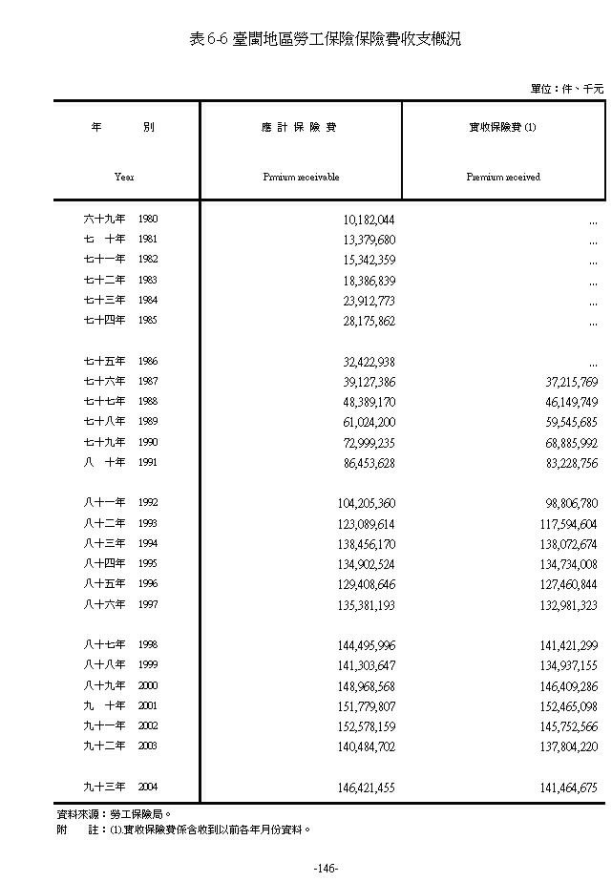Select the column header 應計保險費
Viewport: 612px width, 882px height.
pyautogui.click(x=301, y=127)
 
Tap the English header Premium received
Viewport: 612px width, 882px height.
pyautogui.click(x=503, y=177)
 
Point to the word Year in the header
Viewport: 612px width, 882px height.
pyautogui.click(x=124, y=177)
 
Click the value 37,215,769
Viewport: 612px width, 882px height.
pyautogui.click(x=568, y=382)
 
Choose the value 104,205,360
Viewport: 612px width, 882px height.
pyautogui.click(x=366, y=503)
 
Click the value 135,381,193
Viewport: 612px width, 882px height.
pyautogui.click(x=366, y=604)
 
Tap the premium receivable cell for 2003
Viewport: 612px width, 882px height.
pyautogui.click(x=366, y=746)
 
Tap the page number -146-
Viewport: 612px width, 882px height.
pyautogui.click(x=326, y=868)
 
